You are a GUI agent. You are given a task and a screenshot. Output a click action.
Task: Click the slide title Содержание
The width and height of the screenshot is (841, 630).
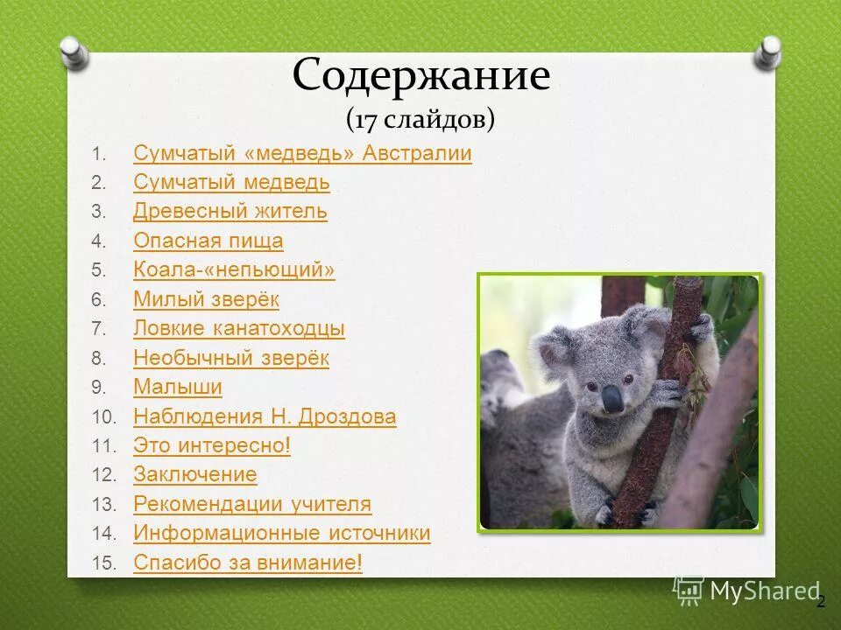pyautogui.click(x=420, y=77)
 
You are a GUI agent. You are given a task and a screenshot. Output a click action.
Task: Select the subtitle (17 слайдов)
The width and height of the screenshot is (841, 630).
pyautogui.click(x=420, y=118)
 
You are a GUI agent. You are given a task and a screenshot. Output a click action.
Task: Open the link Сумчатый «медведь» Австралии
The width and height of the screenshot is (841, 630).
pyautogui.click(x=302, y=154)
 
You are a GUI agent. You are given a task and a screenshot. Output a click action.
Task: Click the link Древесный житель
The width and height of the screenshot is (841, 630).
pyautogui.click(x=230, y=212)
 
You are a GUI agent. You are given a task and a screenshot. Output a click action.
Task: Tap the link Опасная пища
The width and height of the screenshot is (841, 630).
pyautogui.click(x=208, y=241)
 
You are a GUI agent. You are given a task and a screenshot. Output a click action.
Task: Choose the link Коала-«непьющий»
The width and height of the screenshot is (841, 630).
pyautogui.click(x=234, y=270)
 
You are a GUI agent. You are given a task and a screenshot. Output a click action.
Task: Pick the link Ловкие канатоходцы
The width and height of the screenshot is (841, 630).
pyautogui.click(x=239, y=329)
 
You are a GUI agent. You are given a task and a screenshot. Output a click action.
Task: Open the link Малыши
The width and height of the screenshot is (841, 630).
pyautogui.click(x=178, y=387)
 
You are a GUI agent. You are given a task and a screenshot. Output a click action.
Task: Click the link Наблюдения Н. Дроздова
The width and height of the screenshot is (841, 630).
pyautogui.click(x=265, y=416)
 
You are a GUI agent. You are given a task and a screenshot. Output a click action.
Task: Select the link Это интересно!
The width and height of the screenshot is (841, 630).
pyautogui.click(x=212, y=445)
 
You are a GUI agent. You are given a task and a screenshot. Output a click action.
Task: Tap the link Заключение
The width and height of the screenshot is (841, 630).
pyautogui.click(x=195, y=475)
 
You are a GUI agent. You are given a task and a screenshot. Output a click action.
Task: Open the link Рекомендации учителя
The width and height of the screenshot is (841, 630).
pyautogui.click(x=252, y=504)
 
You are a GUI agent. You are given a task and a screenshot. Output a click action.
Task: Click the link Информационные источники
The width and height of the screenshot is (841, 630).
pyautogui.click(x=282, y=533)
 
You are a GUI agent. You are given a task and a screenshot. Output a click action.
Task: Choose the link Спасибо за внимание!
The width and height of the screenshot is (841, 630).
pyautogui.click(x=248, y=563)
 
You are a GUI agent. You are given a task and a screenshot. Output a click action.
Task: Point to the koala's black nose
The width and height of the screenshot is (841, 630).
pyautogui.click(x=613, y=399)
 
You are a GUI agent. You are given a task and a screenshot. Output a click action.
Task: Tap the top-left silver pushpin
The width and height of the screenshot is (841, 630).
pyautogui.click(x=74, y=52)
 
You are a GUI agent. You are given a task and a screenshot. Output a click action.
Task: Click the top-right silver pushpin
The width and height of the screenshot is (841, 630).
pyautogui.click(x=767, y=53)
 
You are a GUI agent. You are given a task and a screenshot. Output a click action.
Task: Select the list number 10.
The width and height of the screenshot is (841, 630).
pyautogui.click(x=103, y=416)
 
